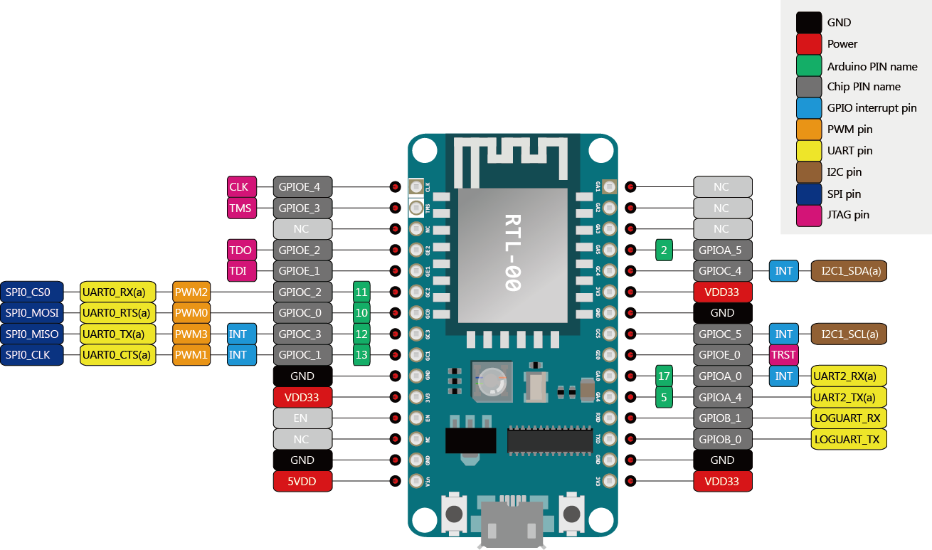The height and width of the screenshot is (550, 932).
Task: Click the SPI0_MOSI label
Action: click(32, 313)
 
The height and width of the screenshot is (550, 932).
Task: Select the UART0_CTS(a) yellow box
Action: click(117, 355)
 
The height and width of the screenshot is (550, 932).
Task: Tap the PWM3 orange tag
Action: click(191, 334)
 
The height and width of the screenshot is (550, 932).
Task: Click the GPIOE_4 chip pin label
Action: click(302, 187)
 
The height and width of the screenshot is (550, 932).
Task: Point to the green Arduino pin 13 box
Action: click(361, 355)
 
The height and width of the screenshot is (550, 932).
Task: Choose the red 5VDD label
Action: click(302, 482)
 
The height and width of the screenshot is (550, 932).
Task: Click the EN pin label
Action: click(302, 418)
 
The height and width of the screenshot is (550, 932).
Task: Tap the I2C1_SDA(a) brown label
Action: click(849, 271)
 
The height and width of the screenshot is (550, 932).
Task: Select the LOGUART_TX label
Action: click(848, 440)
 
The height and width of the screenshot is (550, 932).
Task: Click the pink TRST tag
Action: click(783, 355)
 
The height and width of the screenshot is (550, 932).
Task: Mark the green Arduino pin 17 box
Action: click(664, 376)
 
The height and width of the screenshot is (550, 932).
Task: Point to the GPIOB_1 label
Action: click(722, 418)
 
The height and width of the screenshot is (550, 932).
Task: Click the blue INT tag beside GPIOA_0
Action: click(783, 376)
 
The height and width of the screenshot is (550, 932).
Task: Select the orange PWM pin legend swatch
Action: click(809, 129)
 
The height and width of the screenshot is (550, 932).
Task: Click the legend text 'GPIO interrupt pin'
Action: click(872, 108)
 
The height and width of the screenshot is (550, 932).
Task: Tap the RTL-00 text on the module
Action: click(512, 252)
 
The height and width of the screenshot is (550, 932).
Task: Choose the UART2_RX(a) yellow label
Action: click(848, 376)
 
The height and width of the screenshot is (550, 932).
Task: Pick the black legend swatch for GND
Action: click(809, 23)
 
